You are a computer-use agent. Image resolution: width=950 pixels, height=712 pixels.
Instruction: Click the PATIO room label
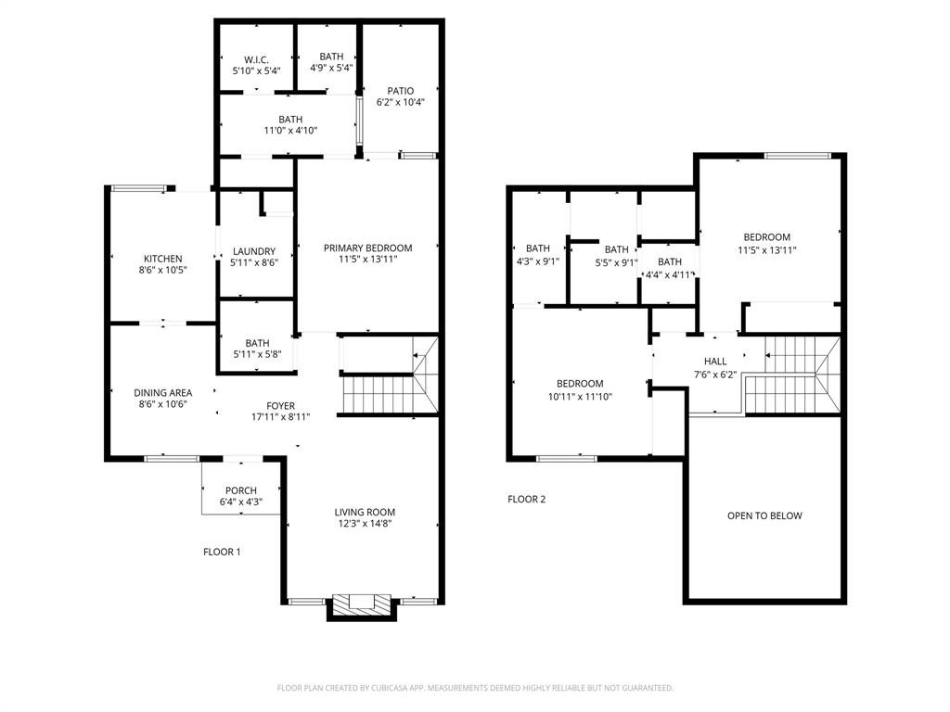point(401,91)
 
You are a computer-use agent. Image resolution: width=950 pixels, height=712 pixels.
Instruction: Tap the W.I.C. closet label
point(256,59)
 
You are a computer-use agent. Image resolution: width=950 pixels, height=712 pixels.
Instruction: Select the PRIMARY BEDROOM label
point(367,248)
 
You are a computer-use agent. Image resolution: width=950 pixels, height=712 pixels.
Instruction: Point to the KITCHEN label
point(162,259)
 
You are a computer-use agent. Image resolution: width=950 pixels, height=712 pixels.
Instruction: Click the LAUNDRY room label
point(254,251)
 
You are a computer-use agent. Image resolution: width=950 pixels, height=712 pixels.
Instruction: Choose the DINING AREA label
point(162,393)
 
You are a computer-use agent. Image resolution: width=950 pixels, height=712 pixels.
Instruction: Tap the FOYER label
point(280,405)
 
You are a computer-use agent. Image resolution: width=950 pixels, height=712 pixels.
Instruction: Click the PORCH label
point(241,490)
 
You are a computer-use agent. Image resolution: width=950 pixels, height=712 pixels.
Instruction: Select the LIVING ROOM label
point(365,512)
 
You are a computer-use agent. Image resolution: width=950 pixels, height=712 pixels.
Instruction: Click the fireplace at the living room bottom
point(362,604)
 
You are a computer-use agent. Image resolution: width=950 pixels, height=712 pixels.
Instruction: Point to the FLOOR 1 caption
point(222,552)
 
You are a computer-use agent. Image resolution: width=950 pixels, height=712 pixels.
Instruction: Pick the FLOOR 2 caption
point(526,499)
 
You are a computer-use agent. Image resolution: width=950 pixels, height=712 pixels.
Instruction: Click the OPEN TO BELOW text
point(764,515)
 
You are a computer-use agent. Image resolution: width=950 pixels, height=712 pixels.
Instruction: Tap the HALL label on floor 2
point(715,362)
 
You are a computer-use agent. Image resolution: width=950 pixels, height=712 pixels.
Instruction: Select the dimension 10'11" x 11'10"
point(580,396)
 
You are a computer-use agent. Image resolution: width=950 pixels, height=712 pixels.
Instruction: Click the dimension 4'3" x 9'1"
point(537,261)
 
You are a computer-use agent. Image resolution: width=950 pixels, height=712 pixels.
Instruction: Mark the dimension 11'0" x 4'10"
point(290,131)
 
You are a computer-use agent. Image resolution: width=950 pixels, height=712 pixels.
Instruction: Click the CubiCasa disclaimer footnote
point(475,688)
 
